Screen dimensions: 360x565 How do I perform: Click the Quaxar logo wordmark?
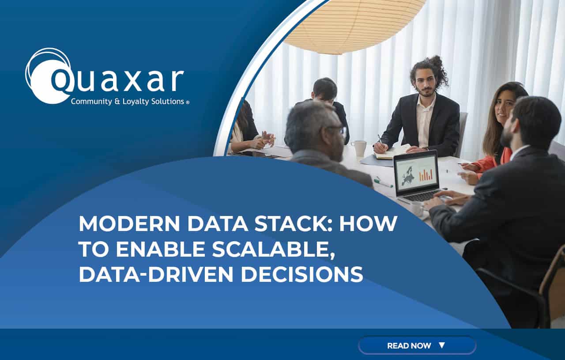(117, 80)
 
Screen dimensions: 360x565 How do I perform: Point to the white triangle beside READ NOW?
(442, 345)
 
